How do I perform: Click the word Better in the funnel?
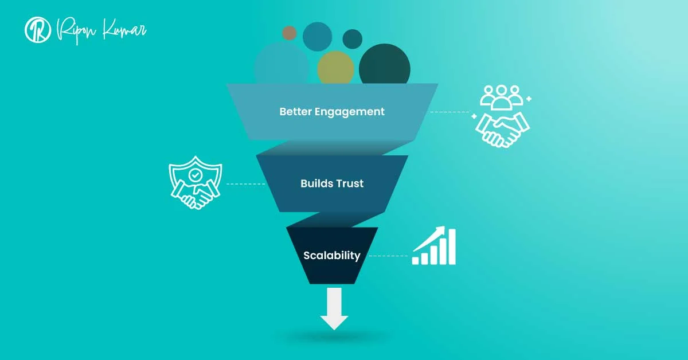296,112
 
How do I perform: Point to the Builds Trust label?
332,184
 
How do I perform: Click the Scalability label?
332,256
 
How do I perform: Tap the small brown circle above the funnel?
290,32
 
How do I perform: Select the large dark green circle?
385,65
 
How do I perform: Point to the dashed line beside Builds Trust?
245,184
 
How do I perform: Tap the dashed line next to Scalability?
388,256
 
